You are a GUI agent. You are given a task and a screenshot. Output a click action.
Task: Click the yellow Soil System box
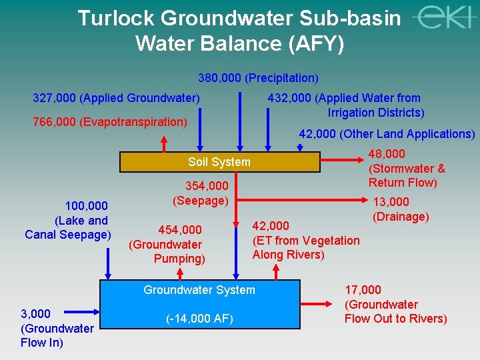coord(219,162)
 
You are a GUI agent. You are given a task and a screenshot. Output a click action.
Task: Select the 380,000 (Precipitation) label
coord(258,78)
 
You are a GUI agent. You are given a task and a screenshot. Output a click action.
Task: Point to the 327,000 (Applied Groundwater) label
coord(116,98)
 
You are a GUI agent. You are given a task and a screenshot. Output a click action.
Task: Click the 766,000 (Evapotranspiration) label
coord(109,121)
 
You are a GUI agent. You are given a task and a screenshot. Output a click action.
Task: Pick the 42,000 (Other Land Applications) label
coord(387,133)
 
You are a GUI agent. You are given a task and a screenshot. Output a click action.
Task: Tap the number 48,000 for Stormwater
coord(387,154)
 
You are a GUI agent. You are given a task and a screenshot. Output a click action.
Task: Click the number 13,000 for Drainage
coord(391,202)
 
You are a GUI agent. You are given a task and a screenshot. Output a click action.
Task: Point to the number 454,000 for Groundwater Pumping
coord(179,230)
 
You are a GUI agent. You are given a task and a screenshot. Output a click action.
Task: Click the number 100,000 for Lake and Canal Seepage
coord(86,206)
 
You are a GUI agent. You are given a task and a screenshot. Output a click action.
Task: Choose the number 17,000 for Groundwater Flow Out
coord(363,289)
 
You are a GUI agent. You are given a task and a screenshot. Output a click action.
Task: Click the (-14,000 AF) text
coord(199,319)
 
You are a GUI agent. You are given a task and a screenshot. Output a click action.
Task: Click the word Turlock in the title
coord(117,18)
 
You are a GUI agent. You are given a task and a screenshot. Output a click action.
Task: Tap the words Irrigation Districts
coord(376,112)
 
